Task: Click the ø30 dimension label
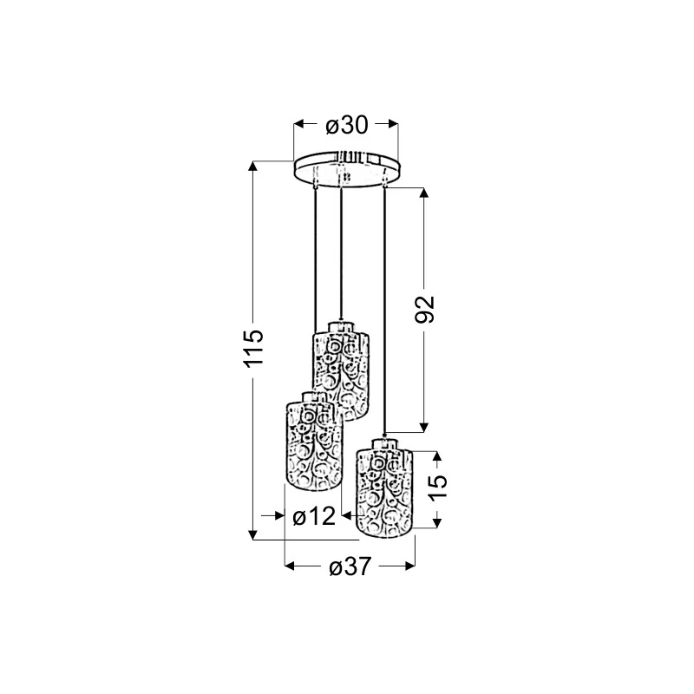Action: pyautogui.click(x=346, y=125)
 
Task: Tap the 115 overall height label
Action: pyautogui.click(x=253, y=348)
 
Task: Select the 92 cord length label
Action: pyautogui.click(x=425, y=309)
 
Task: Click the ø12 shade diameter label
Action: pyautogui.click(x=314, y=516)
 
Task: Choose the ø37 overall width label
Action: pyautogui.click(x=350, y=566)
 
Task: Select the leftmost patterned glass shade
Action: pyautogui.click(x=314, y=441)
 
